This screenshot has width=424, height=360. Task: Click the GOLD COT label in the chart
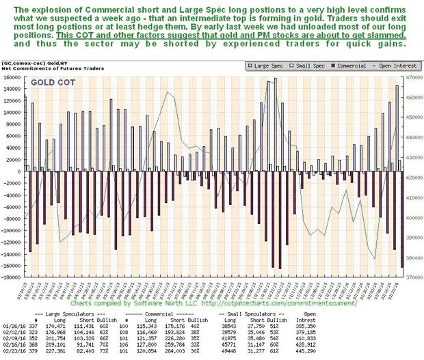[x=53, y=83]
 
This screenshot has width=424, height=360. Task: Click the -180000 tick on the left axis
[x=11, y=278]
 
